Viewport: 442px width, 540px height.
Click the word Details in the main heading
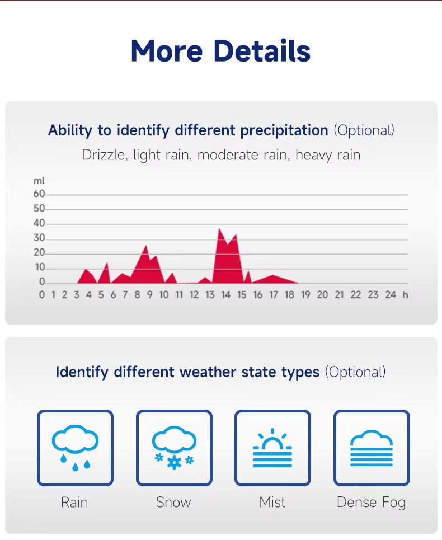(262, 51)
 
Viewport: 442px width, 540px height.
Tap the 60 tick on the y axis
(39, 194)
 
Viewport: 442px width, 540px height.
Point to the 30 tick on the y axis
(39, 238)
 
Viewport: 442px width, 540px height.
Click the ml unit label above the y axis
(39, 181)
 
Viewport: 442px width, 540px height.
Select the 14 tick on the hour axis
(226, 295)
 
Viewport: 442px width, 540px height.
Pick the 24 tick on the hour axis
(391, 295)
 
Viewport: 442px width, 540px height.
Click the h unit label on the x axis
(405, 295)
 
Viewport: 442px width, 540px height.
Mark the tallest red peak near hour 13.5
(219, 229)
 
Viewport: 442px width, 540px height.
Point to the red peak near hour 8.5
(146, 246)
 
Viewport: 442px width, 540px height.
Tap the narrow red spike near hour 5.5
(107, 263)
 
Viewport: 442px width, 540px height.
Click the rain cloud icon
(75, 448)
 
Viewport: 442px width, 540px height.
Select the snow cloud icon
(174, 448)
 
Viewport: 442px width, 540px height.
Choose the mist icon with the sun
(272, 448)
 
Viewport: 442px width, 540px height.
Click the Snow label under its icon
(173, 503)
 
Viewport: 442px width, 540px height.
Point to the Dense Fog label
(371, 503)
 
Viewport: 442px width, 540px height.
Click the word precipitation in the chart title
(284, 131)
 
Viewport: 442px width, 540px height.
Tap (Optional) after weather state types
(355, 372)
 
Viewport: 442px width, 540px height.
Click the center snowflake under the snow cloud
(174, 463)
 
